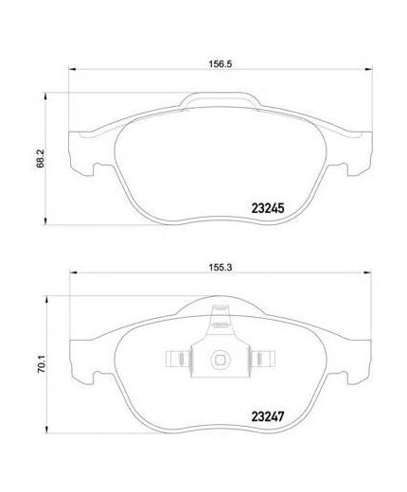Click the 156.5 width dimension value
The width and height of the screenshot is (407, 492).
point(221,64)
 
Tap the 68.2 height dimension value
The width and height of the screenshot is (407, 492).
point(41,158)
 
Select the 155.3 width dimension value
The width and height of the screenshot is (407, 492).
point(221,268)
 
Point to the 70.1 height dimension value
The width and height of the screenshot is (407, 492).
point(42,364)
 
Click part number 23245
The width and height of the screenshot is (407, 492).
point(268,208)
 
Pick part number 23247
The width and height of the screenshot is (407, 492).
point(268,416)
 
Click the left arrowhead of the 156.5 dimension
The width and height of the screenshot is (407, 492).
point(72,69)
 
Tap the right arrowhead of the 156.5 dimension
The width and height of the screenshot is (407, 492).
point(368,69)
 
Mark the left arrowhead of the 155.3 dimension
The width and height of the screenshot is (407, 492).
point(73,272)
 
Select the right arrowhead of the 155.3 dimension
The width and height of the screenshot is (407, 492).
point(367,272)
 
